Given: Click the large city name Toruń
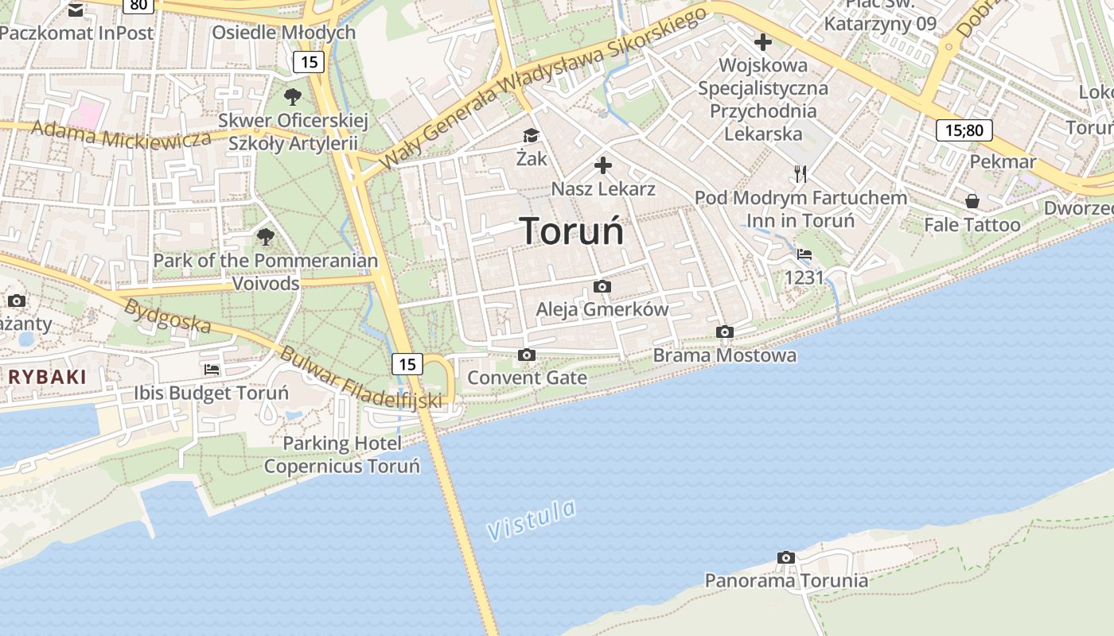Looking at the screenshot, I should (x=572, y=231).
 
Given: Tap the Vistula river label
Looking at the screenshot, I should (x=532, y=520).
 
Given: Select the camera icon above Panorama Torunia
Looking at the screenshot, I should (x=786, y=558).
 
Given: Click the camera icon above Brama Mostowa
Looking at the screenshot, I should (x=724, y=332).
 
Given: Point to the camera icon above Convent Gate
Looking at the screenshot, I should (x=526, y=355).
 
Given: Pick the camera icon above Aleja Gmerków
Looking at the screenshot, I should (x=602, y=286).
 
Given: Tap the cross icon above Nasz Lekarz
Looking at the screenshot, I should (x=603, y=165).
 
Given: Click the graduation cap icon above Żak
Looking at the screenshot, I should (x=531, y=136).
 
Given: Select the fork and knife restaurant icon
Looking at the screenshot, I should (x=800, y=173).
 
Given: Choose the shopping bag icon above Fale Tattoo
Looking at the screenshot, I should (x=972, y=201).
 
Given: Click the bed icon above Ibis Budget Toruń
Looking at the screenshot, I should (x=212, y=369).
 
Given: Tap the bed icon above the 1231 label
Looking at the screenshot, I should (x=804, y=254).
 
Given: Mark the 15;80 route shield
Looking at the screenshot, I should (x=964, y=130).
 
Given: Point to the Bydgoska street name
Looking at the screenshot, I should (x=167, y=316).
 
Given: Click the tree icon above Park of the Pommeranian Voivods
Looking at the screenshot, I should (x=266, y=236).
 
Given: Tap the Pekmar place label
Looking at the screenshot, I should (x=1003, y=161).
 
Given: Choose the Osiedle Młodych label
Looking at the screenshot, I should (x=283, y=33).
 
